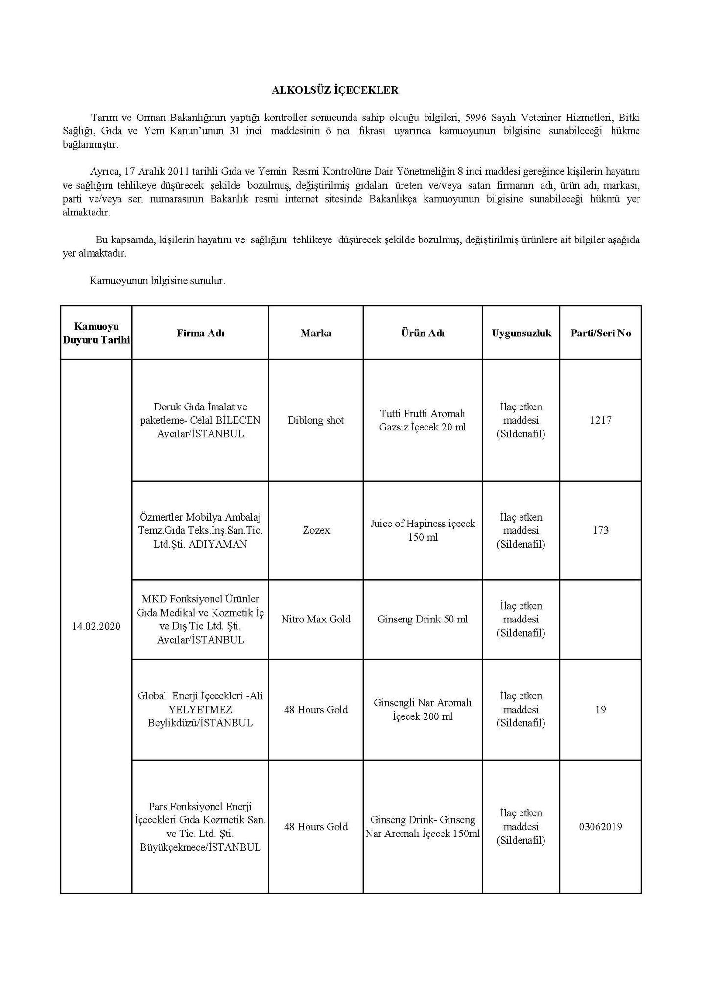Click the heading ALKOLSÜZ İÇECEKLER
[x=335, y=90]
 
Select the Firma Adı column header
[x=200, y=333]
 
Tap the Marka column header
[x=316, y=333]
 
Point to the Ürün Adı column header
[x=423, y=333]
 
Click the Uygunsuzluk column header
[x=521, y=333]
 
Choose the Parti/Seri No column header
[x=600, y=333]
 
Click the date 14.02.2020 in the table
[x=96, y=626]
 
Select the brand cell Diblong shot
[x=316, y=420]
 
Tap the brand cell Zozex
[x=316, y=530]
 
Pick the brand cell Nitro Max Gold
[x=316, y=619]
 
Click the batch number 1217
[x=600, y=420]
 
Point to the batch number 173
[x=600, y=530]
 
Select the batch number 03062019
[x=600, y=827]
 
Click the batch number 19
[x=600, y=710]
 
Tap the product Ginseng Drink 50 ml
[x=423, y=619]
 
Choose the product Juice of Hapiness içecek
[x=423, y=524]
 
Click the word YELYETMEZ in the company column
[x=200, y=710]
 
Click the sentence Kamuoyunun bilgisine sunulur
[x=157, y=281]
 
